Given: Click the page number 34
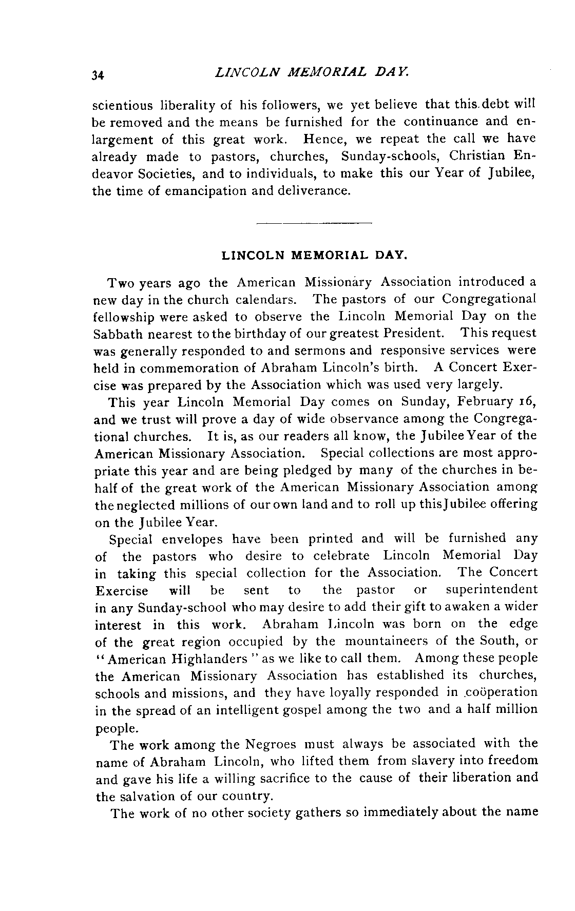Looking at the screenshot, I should click(x=98, y=75).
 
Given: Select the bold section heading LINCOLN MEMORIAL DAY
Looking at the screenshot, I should click(x=314, y=255).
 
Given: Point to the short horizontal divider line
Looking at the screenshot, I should click(x=314, y=223).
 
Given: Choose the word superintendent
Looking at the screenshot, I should click(x=491, y=590).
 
